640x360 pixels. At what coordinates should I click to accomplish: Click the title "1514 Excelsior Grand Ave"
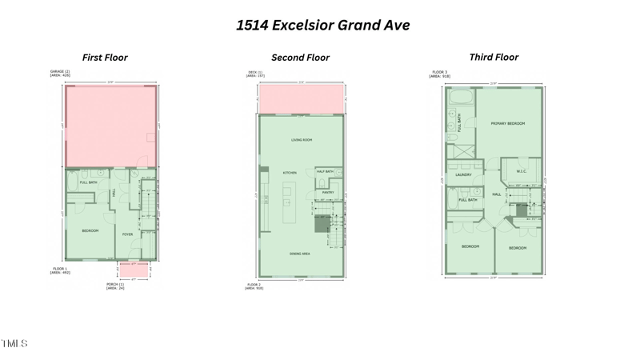[x=323, y=25]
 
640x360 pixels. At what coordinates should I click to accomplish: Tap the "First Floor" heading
[x=105, y=58]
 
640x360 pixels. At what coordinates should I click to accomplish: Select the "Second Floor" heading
[x=301, y=58]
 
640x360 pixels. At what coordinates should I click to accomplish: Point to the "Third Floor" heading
[x=494, y=57]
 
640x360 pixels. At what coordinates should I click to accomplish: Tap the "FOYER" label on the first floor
[x=127, y=234]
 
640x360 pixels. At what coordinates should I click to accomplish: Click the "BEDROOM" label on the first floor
[x=90, y=230]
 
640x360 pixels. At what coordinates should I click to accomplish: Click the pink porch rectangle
[x=133, y=270]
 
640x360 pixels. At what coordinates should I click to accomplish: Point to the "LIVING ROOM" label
[x=301, y=141]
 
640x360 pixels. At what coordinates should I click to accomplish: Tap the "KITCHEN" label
[x=290, y=173]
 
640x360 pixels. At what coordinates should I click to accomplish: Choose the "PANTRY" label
[x=327, y=192]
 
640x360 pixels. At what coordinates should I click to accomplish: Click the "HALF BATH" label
[x=325, y=171]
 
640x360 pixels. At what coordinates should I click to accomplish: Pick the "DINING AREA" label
[x=301, y=254]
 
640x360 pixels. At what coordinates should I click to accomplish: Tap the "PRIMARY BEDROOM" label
[x=507, y=123]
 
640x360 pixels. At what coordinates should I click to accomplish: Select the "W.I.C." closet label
[x=521, y=170]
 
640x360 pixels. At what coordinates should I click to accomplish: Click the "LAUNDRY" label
[x=463, y=174]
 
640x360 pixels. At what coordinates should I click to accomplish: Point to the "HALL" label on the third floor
[x=496, y=194]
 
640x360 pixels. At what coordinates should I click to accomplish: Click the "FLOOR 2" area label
[x=254, y=285]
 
